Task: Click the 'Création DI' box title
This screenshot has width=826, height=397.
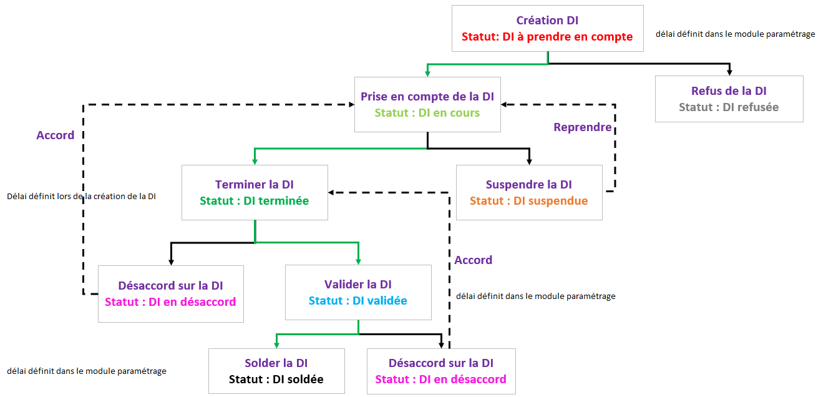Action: point(547,21)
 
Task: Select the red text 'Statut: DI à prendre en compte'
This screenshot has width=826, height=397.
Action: point(547,37)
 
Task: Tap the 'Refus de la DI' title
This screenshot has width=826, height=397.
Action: point(729,91)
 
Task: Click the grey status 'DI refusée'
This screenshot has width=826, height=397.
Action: point(729,107)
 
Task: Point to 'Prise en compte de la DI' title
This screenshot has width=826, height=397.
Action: point(427,97)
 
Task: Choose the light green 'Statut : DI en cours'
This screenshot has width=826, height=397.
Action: point(427,113)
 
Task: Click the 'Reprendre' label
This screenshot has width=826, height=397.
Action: point(583,127)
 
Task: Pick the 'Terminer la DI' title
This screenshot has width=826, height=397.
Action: point(255,185)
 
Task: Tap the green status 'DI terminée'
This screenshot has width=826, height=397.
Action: point(255,201)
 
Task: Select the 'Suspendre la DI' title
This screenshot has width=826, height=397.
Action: point(529,185)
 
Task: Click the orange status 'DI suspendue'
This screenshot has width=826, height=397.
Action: point(529,201)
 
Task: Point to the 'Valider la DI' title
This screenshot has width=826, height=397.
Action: point(358,285)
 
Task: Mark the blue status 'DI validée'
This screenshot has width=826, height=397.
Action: point(358,301)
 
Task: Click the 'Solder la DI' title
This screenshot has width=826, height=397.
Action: point(276,363)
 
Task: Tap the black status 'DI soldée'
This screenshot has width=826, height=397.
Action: point(276,379)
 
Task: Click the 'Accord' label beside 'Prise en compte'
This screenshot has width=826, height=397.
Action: point(56,135)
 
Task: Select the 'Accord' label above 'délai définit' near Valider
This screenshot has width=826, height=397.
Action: point(474,260)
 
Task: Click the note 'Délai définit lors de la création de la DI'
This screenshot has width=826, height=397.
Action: point(81,196)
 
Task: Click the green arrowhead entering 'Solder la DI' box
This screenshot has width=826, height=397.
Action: point(276,345)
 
